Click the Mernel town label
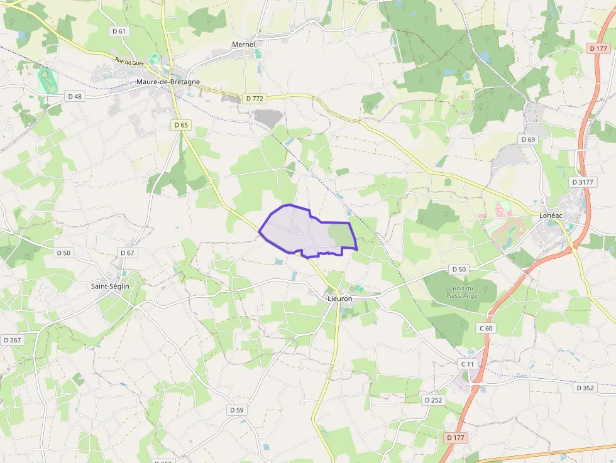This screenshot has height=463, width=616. pos(243,45)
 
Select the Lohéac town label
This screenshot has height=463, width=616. pos(551,215)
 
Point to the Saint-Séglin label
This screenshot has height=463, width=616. pos(110,286)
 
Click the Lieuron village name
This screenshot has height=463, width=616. pos(340,298)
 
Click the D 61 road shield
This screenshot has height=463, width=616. pos(118,31)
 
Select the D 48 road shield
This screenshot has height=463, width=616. pos(74,96)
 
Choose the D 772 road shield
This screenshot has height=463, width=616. pos(255,98)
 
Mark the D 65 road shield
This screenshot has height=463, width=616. pos(180,125)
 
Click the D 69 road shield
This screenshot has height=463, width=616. pos(527,139)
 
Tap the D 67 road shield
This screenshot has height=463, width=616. pos(128,253)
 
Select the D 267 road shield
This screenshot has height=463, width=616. pos(12,340)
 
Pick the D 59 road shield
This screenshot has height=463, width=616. pos(236,410)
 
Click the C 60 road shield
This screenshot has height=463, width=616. pos(486,328)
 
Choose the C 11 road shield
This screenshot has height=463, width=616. pos(467,364)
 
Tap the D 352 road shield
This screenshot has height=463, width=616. pos(585,388)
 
